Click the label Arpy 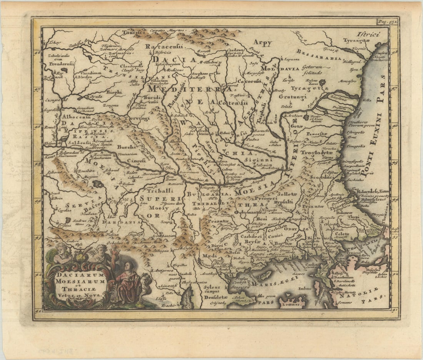(263, 43)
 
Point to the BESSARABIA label (319, 55)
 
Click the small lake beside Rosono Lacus (322, 83)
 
